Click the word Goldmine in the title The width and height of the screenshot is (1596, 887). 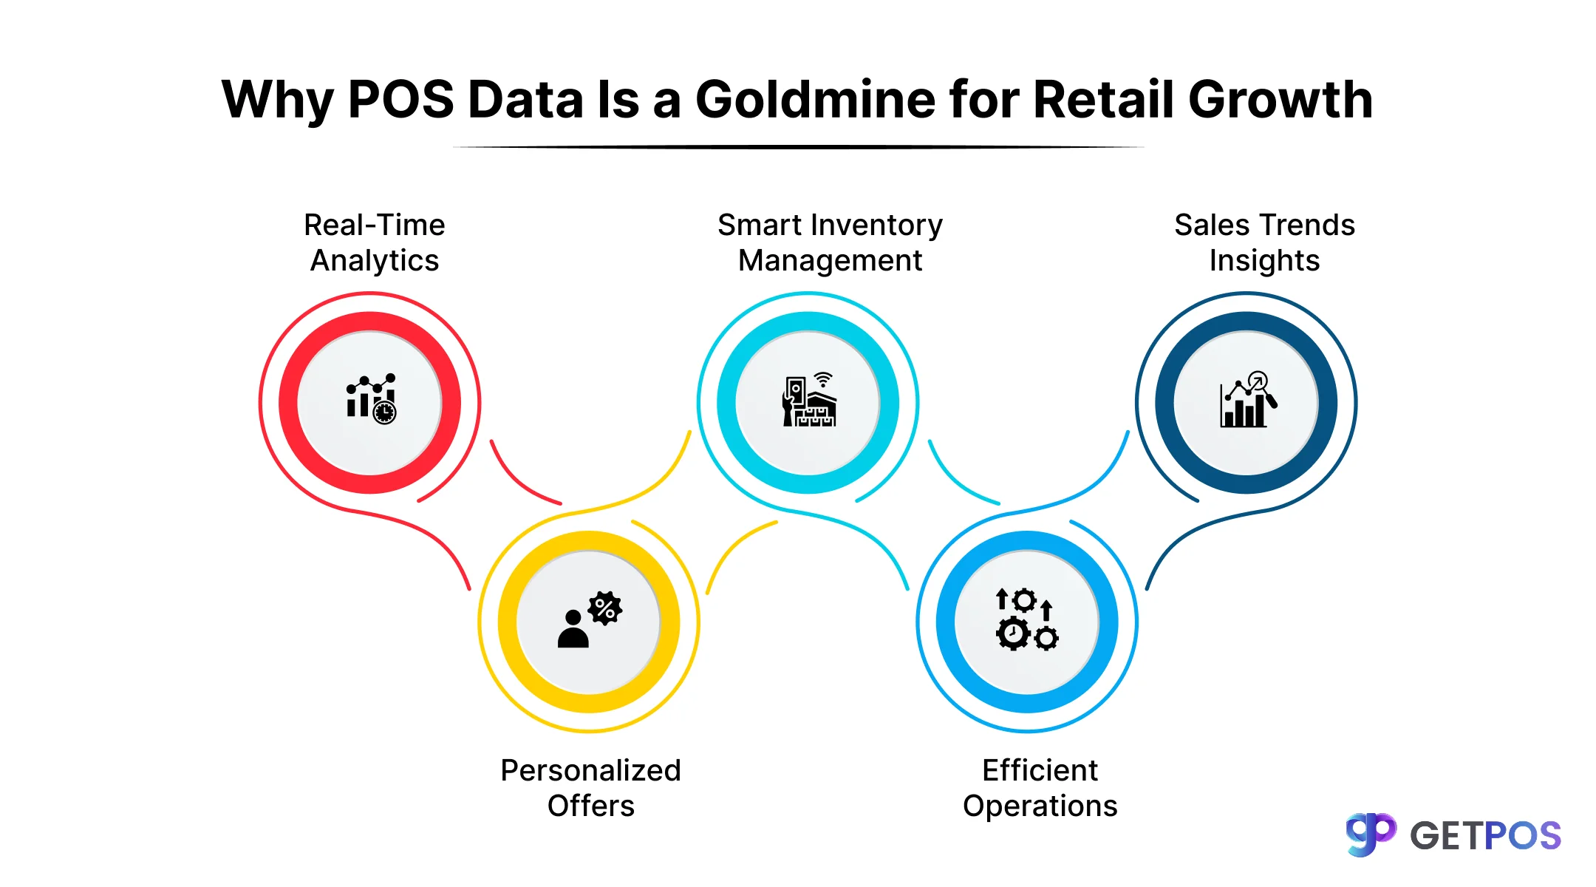pyautogui.click(x=816, y=100)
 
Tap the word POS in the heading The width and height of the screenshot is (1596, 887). pyautogui.click(x=400, y=100)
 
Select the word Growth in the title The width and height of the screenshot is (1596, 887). pyautogui.click(x=1280, y=100)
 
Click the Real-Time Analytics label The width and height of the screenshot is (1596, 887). pyautogui.click(x=375, y=242)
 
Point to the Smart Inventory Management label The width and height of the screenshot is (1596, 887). pyautogui.click(x=830, y=242)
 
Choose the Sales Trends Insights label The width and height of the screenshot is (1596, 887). pyautogui.click(x=1264, y=242)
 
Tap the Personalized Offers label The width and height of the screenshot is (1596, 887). pyautogui.click(x=590, y=788)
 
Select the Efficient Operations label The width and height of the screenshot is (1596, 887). pyautogui.click(x=1040, y=788)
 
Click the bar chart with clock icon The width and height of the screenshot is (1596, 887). pyautogui.click(x=371, y=399)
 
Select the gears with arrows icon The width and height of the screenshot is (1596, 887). pyautogui.click(x=1027, y=619)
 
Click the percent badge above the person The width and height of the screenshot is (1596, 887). pyautogui.click(x=605, y=608)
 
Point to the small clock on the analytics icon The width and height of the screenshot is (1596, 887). pyautogui.click(x=384, y=412)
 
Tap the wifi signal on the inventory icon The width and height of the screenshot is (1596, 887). pyautogui.click(x=823, y=379)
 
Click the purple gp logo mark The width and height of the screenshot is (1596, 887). pyautogui.click(x=1371, y=834)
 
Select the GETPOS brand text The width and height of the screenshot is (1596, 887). pyautogui.click(x=1485, y=836)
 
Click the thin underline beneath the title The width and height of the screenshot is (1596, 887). pyautogui.click(x=798, y=147)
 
